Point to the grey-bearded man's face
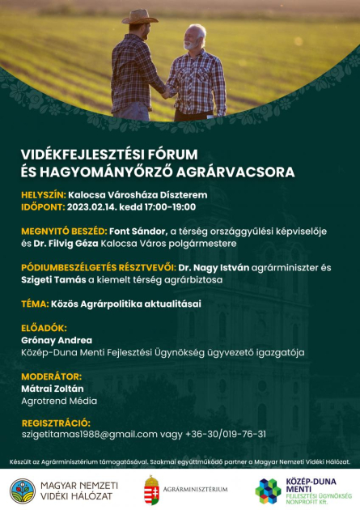195,38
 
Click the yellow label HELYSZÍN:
42,195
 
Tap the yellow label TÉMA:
36,304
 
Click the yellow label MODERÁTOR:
51,376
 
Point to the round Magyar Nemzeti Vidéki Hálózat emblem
23,489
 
